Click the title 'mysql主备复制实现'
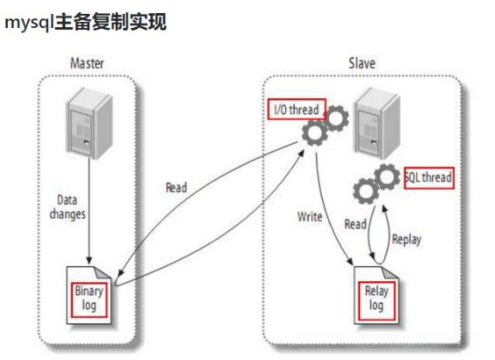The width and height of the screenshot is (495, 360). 85,22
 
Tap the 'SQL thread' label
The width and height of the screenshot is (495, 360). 429,177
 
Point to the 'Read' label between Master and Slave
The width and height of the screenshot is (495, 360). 178,187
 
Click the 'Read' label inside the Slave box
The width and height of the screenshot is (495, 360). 355,224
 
